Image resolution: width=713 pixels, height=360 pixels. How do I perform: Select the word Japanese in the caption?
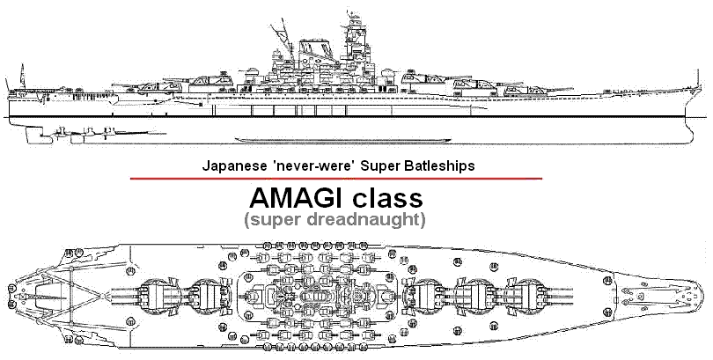(x=231, y=165)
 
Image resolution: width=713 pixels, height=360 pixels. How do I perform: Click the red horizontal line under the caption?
(x=335, y=179)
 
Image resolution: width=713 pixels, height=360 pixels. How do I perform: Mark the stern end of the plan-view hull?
(x=7, y=295)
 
